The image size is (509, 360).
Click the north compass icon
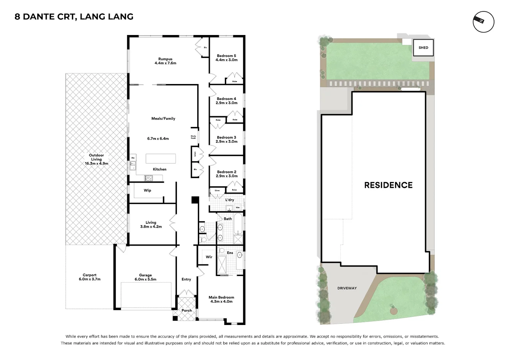click(483, 22)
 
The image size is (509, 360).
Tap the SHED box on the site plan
click(423, 48)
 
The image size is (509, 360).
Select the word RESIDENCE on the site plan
click(388, 185)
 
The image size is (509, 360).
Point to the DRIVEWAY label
click(347, 288)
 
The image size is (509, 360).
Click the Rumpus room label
click(165, 59)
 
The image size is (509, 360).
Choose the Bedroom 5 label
click(226, 56)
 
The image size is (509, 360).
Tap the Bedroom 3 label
click(226, 137)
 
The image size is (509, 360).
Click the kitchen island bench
click(161, 159)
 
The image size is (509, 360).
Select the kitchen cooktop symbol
click(148, 178)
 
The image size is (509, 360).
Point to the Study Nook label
click(193, 137)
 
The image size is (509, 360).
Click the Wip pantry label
click(147, 190)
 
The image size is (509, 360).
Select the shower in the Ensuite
click(222, 266)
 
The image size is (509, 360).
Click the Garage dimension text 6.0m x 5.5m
click(145, 279)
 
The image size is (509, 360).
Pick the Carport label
click(90, 275)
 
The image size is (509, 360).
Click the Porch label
click(187, 310)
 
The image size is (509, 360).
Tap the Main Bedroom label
click(221, 297)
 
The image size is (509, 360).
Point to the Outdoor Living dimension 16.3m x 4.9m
click(96, 164)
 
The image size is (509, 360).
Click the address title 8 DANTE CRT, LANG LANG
click(74, 17)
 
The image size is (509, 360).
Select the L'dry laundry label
click(230, 200)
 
